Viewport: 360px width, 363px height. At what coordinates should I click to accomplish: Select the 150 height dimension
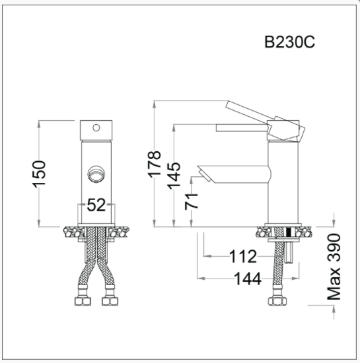tap(41, 174)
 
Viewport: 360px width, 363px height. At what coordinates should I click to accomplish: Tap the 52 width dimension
tap(96, 205)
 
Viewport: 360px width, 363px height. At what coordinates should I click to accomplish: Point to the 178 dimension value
tap(153, 162)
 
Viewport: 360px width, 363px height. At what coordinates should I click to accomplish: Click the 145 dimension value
tap(173, 176)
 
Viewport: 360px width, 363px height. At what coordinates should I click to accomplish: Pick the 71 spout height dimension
tap(192, 201)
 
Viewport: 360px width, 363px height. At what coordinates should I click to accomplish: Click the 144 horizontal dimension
tap(247, 278)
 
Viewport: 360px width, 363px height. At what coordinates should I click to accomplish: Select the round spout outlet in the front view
tap(96, 174)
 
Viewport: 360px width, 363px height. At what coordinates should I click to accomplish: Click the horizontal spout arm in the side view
tap(238, 174)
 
